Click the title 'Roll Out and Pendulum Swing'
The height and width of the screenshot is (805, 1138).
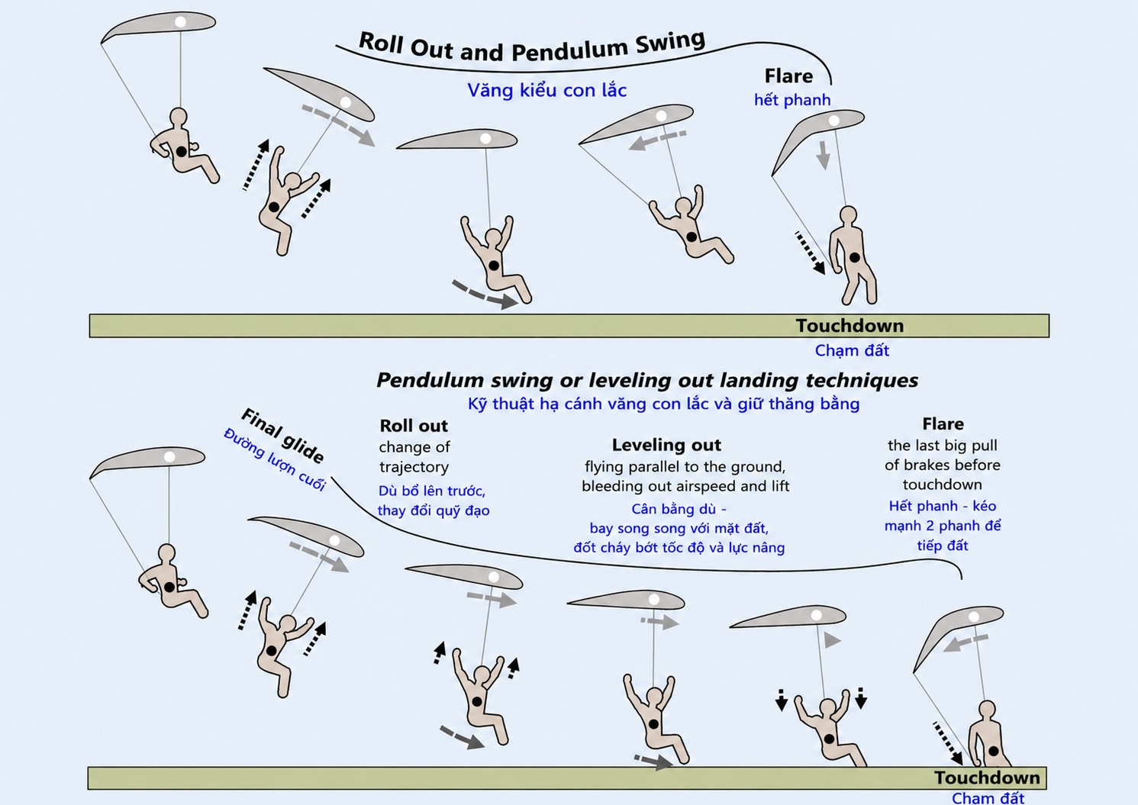pos(532,47)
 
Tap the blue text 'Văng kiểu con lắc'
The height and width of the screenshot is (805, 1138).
pos(546,91)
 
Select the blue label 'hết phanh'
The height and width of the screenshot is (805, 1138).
pos(792,100)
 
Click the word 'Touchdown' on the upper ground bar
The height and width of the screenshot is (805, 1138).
pos(849,326)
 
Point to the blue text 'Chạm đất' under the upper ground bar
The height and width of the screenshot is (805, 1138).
pos(852,350)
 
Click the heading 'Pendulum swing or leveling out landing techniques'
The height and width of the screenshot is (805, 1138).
pos(646,381)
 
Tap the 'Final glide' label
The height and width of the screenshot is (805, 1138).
pos(282,435)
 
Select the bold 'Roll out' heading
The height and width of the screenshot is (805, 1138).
pos(414,425)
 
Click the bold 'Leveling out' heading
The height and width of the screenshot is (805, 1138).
pos(666,445)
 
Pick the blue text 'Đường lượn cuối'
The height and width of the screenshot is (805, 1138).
pos(275,459)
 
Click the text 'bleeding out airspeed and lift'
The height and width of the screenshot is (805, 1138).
pos(685,486)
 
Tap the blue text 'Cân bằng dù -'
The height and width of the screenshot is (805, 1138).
pos(679,509)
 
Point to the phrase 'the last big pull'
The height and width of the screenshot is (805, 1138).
pos(942,446)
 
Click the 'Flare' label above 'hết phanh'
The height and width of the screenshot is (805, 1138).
pos(788,76)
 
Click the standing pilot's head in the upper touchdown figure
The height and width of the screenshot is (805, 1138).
pos(848,215)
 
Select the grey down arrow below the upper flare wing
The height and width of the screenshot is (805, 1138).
pos(823,156)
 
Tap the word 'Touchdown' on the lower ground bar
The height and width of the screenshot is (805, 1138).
pos(987,778)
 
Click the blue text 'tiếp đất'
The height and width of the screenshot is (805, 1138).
pos(943,546)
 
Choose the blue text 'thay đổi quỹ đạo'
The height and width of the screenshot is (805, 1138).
pos(434,510)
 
